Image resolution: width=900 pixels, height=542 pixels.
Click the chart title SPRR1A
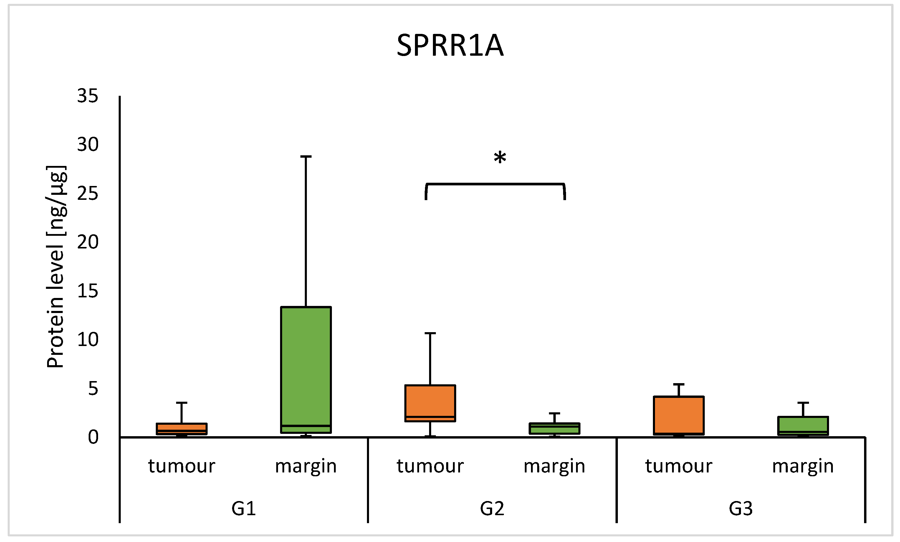tap(450, 46)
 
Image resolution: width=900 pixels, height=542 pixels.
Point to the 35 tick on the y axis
tap(87, 96)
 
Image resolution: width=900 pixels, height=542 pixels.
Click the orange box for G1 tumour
tap(181, 429)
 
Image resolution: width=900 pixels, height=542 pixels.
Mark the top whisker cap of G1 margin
tap(306, 156)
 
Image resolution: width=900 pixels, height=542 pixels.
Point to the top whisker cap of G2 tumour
tap(430, 333)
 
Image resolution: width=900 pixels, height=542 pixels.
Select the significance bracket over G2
tap(495, 184)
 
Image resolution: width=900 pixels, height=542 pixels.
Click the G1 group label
tap(244, 508)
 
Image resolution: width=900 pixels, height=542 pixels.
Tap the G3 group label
tap(740, 508)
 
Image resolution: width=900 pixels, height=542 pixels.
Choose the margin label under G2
tap(554, 466)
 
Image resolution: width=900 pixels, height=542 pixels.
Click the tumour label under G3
tap(679, 466)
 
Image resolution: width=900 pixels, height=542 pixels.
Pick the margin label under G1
tap(306, 466)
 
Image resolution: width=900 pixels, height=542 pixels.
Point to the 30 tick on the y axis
tap(87, 145)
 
